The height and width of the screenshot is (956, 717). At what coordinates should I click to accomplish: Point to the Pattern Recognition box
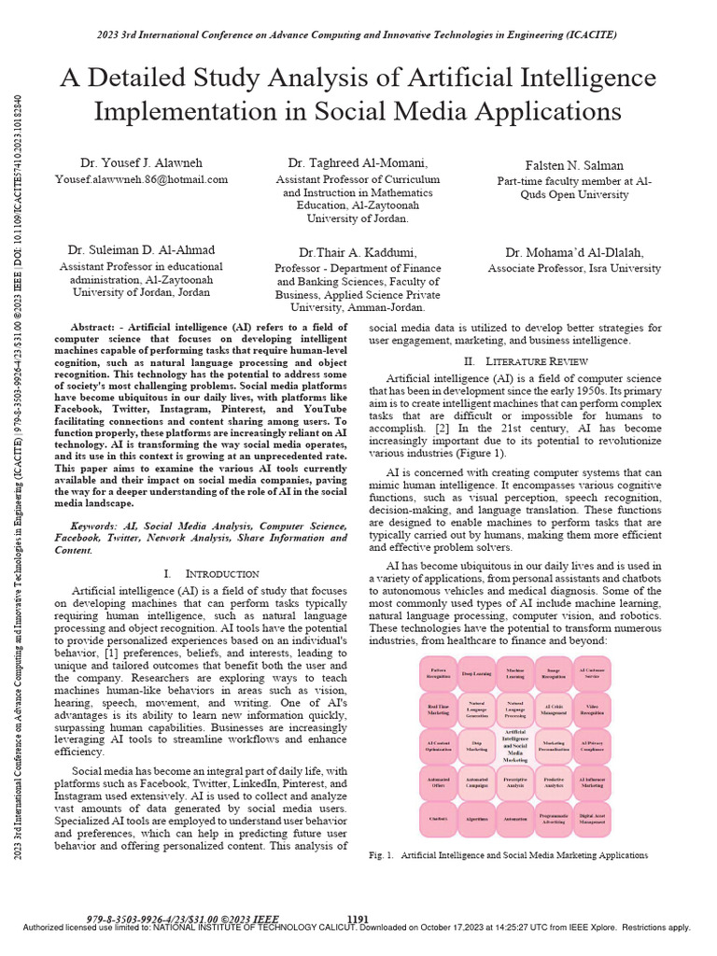(439, 671)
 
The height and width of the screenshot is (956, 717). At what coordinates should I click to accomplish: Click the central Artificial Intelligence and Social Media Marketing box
(516, 746)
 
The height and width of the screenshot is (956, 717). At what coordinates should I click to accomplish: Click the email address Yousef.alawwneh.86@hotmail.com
(141, 178)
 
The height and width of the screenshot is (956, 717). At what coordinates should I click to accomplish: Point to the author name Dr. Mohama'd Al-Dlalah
(574, 252)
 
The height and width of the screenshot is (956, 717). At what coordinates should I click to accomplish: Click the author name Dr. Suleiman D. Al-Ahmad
(141, 250)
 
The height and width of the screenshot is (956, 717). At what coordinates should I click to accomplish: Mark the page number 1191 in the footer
(358, 920)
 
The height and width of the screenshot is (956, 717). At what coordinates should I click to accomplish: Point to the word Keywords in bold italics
(97, 527)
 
